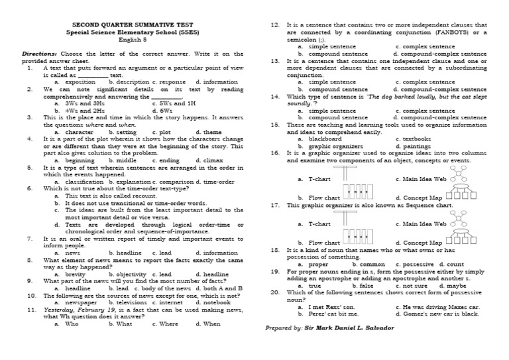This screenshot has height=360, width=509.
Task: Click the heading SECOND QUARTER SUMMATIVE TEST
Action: click(128, 23)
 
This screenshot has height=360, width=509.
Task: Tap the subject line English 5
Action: click(128, 38)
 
